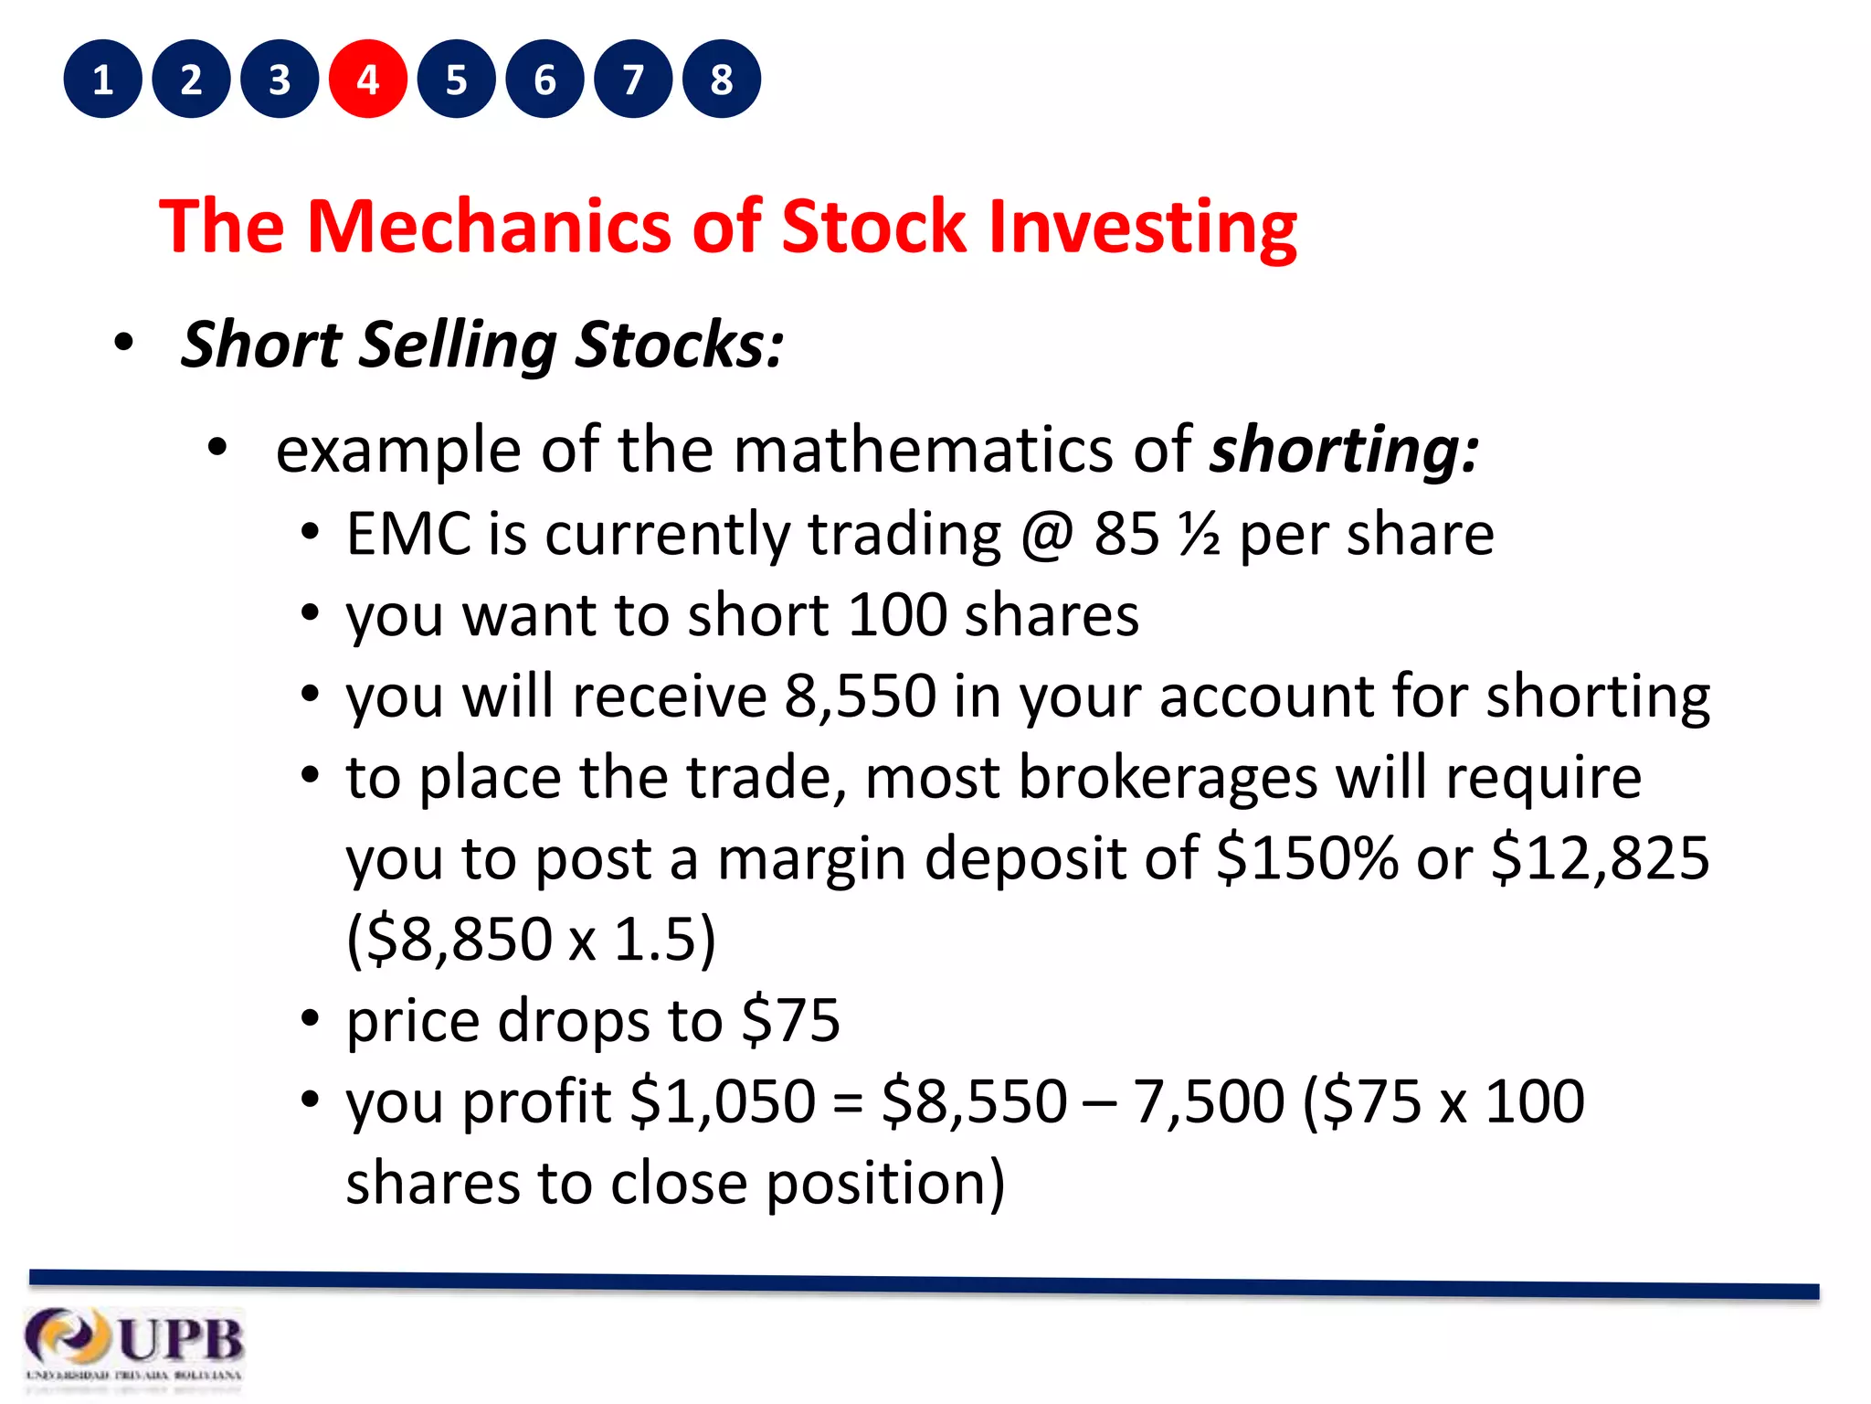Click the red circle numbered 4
(x=367, y=80)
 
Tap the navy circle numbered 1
(x=102, y=80)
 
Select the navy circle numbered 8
(x=722, y=80)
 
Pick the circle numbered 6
(x=544, y=80)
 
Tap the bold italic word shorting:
(x=1344, y=450)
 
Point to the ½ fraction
(x=1199, y=534)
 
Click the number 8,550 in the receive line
(x=860, y=697)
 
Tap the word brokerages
(x=1168, y=779)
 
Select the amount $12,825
(x=1600, y=859)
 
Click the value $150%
(x=1307, y=859)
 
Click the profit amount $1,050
(x=723, y=1101)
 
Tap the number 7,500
(x=1209, y=1101)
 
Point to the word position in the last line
(x=883, y=1183)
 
